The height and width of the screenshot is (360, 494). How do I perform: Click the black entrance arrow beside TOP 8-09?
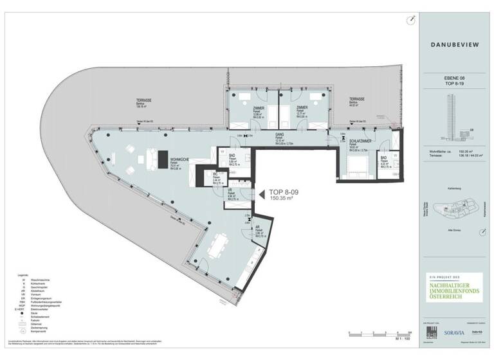tap(262, 194)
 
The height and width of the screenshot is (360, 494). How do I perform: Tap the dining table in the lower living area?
tap(218, 245)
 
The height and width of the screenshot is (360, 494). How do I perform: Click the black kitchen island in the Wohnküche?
tap(155, 159)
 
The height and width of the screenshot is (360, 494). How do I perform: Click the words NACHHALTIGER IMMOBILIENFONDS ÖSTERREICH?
tap(450, 286)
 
